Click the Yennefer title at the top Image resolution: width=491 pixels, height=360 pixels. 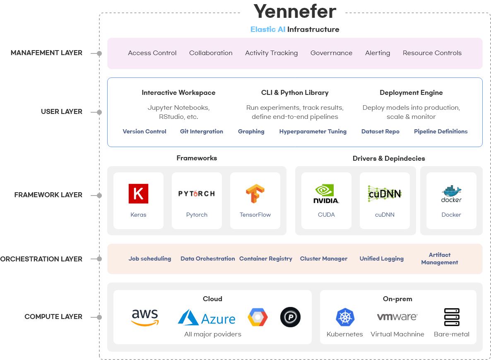[295, 11]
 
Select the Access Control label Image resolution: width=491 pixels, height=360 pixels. [152, 53]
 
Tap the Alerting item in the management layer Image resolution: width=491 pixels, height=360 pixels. [378, 53]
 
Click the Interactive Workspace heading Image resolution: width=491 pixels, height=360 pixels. [178, 93]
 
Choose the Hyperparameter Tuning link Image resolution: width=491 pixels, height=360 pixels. [313, 132]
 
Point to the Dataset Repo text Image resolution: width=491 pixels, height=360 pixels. [380, 132]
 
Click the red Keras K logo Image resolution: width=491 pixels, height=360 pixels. [138, 193]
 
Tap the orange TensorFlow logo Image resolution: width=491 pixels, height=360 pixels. [255, 193]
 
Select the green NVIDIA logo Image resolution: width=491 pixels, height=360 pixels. [326, 193]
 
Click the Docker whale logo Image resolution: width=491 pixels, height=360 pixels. [451, 193]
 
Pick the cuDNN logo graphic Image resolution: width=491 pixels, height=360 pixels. [385, 193]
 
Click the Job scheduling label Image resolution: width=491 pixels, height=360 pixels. [150, 259]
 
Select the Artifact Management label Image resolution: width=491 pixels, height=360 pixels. [440, 259]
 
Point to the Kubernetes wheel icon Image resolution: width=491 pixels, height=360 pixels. [344, 318]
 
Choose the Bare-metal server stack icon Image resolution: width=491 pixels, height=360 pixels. [452, 317]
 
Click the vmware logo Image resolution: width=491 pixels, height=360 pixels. [397, 317]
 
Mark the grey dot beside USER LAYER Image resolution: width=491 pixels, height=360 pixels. [99, 112]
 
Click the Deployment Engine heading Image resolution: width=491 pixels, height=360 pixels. [411, 93]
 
